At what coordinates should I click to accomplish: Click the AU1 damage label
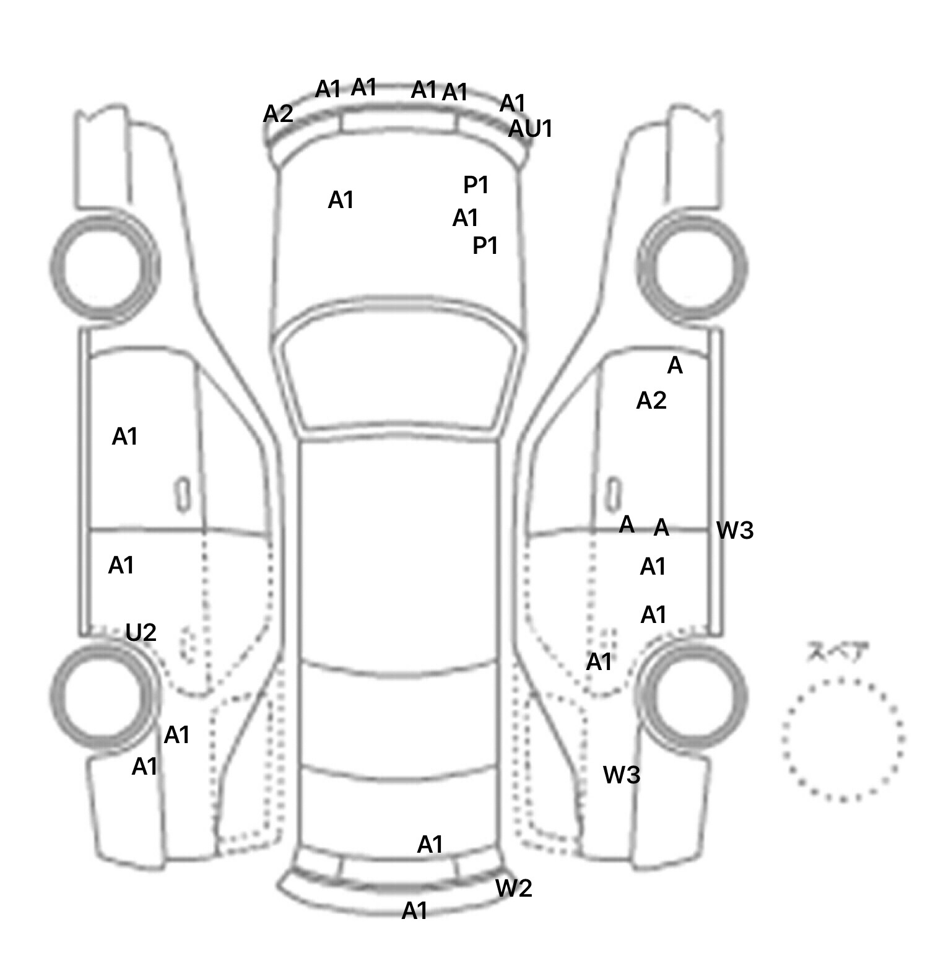[530, 129]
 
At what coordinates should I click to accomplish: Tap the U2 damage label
[141, 632]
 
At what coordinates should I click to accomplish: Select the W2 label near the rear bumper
[513, 888]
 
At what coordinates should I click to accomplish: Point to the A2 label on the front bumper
[278, 114]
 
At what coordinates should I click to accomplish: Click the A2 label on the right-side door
[651, 401]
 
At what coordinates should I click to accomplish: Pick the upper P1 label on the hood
[476, 185]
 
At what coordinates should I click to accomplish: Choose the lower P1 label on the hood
[485, 246]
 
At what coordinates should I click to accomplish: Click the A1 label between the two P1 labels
[466, 218]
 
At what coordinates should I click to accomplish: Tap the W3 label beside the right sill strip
[734, 530]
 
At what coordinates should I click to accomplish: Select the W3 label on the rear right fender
[622, 774]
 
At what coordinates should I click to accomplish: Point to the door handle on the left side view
[183, 494]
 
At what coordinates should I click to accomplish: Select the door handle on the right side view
[614, 494]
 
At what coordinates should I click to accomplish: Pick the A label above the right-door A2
[675, 366]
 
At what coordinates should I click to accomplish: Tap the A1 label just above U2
[121, 565]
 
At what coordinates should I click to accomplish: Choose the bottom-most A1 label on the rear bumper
[415, 910]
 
